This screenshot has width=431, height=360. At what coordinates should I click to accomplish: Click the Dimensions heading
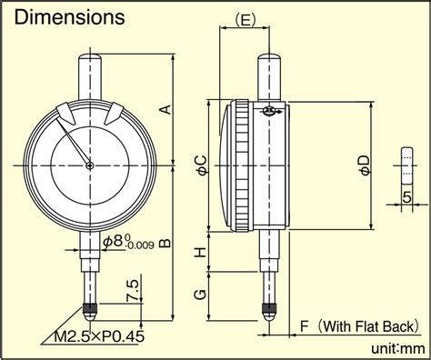click(x=69, y=17)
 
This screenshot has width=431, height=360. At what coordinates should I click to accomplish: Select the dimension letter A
click(x=165, y=109)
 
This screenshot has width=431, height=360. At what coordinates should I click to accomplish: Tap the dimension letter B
click(x=165, y=243)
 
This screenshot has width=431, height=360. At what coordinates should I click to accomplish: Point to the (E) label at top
click(x=245, y=21)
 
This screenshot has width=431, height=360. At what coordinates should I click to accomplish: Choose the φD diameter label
click(x=365, y=165)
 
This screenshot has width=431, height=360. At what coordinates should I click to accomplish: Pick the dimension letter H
click(x=200, y=252)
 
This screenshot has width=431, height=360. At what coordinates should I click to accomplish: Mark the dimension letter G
click(x=200, y=295)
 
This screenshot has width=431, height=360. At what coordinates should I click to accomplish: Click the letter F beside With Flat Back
click(x=304, y=326)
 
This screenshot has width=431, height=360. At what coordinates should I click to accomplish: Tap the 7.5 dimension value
click(x=133, y=290)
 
